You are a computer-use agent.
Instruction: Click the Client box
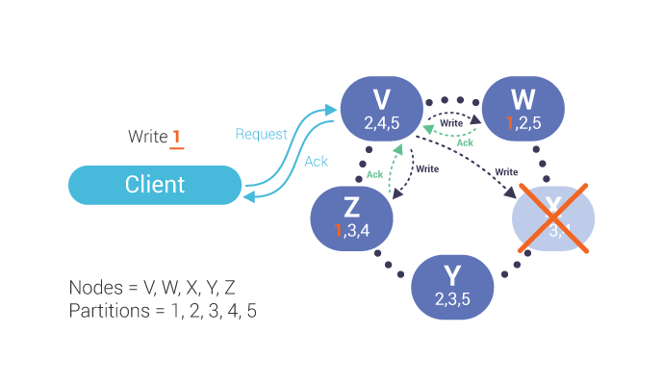(155, 185)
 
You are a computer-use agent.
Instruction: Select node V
(382, 108)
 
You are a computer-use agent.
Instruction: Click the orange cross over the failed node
(554, 216)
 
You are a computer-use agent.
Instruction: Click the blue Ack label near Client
(317, 161)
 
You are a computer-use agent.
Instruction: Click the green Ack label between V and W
(464, 142)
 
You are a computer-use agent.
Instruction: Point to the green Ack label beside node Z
(374, 173)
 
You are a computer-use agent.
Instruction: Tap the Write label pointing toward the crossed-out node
(506, 171)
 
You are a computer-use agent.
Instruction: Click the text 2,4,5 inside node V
(382, 123)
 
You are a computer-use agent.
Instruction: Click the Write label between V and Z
(426, 169)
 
